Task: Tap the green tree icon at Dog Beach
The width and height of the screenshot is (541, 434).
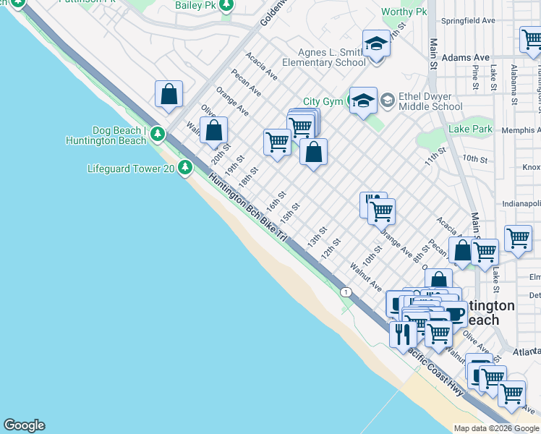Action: tap(157, 135)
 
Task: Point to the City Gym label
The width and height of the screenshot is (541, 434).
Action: tap(323, 102)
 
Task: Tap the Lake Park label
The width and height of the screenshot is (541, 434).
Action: tap(469, 129)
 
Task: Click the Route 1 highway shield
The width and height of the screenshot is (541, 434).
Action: tap(346, 292)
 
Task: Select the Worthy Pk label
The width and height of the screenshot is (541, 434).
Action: tap(404, 12)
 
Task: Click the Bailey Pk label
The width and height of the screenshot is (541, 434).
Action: tap(195, 5)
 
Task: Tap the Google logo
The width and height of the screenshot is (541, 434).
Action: tap(24, 425)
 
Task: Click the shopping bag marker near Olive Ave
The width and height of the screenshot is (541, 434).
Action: tap(214, 131)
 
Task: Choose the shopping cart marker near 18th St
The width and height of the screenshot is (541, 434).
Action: tap(276, 142)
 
